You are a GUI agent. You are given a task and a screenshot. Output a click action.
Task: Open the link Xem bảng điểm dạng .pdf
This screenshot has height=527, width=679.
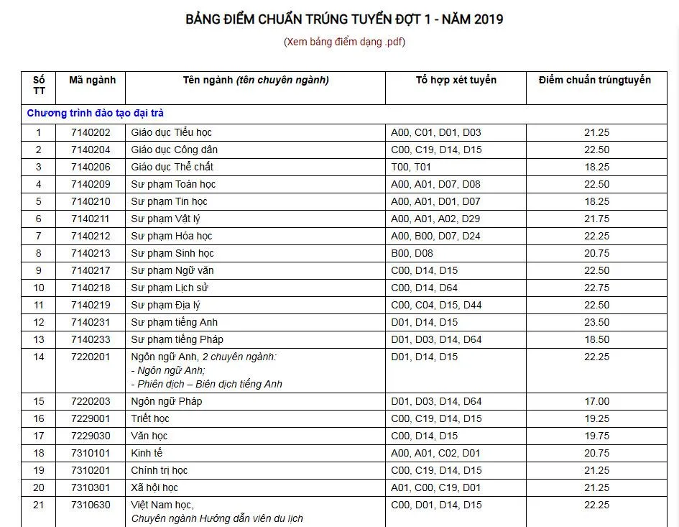344,41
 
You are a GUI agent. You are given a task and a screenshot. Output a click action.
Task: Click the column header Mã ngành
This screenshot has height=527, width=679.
92,80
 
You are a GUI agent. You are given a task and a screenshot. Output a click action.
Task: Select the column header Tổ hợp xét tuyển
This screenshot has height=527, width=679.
456,80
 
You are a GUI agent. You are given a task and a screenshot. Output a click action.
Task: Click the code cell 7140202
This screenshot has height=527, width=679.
91,132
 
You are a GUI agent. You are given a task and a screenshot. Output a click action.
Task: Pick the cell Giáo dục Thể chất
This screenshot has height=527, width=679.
172,167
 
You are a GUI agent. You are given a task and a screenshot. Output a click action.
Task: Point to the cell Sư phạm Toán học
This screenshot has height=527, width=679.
173,184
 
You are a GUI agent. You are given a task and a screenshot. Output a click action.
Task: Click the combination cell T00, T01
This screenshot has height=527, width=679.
411,167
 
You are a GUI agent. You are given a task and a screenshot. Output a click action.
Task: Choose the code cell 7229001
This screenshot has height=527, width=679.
91,418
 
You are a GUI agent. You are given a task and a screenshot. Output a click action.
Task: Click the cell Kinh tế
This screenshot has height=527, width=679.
147,453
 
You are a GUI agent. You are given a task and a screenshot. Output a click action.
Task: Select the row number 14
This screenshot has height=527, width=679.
39,357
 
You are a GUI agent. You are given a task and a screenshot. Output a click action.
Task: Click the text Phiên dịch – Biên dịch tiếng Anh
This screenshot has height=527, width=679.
207,384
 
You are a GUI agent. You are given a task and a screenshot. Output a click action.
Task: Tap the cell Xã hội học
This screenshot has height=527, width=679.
154,487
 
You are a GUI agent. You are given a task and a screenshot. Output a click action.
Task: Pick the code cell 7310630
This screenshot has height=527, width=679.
91,505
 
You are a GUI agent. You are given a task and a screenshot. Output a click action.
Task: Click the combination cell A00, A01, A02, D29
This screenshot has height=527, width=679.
435,219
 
